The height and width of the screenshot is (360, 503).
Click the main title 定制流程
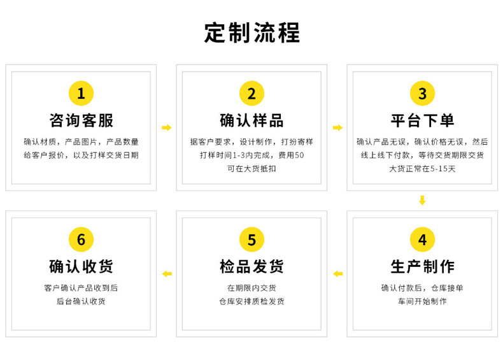click(x=251, y=32)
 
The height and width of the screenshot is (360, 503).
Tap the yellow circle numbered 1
click(x=81, y=94)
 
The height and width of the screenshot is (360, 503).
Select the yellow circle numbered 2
click(x=251, y=94)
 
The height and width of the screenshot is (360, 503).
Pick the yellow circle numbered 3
click(x=422, y=94)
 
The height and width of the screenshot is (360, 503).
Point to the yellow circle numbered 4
click(x=422, y=240)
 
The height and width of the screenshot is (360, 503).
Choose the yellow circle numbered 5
click(x=251, y=240)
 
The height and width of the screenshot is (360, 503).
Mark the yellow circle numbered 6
click(x=81, y=240)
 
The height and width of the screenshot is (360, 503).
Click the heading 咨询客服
click(x=81, y=120)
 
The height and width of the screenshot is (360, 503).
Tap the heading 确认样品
click(x=251, y=120)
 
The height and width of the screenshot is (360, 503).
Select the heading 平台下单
click(x=422, y=120)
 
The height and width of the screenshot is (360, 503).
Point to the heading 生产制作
click(x=422, y=266)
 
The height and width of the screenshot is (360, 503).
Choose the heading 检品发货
click(x=251, y=266)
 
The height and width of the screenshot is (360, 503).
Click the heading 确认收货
click(x=81, y=266)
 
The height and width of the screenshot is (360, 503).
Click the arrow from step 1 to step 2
click(x=167, y=128)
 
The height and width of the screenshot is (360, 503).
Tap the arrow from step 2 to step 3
click(x=337, y=128)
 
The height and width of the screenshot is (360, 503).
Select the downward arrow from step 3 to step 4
click(x=422, y=201)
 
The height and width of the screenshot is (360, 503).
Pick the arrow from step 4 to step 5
click(x=337, y=274)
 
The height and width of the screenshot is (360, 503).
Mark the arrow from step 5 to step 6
click(x=167, y=274)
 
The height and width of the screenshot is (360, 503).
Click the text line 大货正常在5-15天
click(x=422, y=169)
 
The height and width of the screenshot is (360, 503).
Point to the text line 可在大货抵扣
click(x=251, y=169)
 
